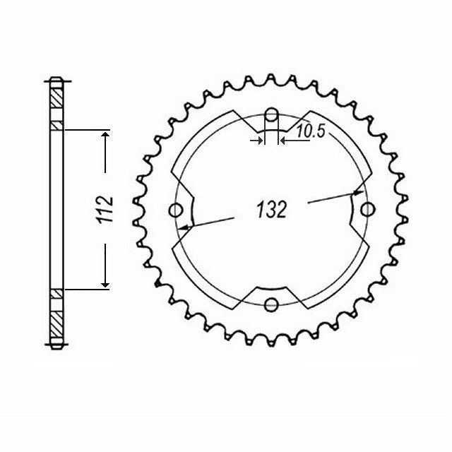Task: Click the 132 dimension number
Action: tap(271, 209)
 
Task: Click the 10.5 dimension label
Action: tap(311, 131)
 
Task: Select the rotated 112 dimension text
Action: tap(105, 210)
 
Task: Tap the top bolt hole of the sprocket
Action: tap(271, 114)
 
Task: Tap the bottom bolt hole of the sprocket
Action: tap(271, 304)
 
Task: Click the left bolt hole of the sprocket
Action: tap(176, 210)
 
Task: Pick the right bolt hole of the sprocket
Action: tap(367, 209)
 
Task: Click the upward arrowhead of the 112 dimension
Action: tap(105, 135)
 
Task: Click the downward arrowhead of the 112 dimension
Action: tap(105, 284)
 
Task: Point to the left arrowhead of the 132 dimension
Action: tap(184, 227)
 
